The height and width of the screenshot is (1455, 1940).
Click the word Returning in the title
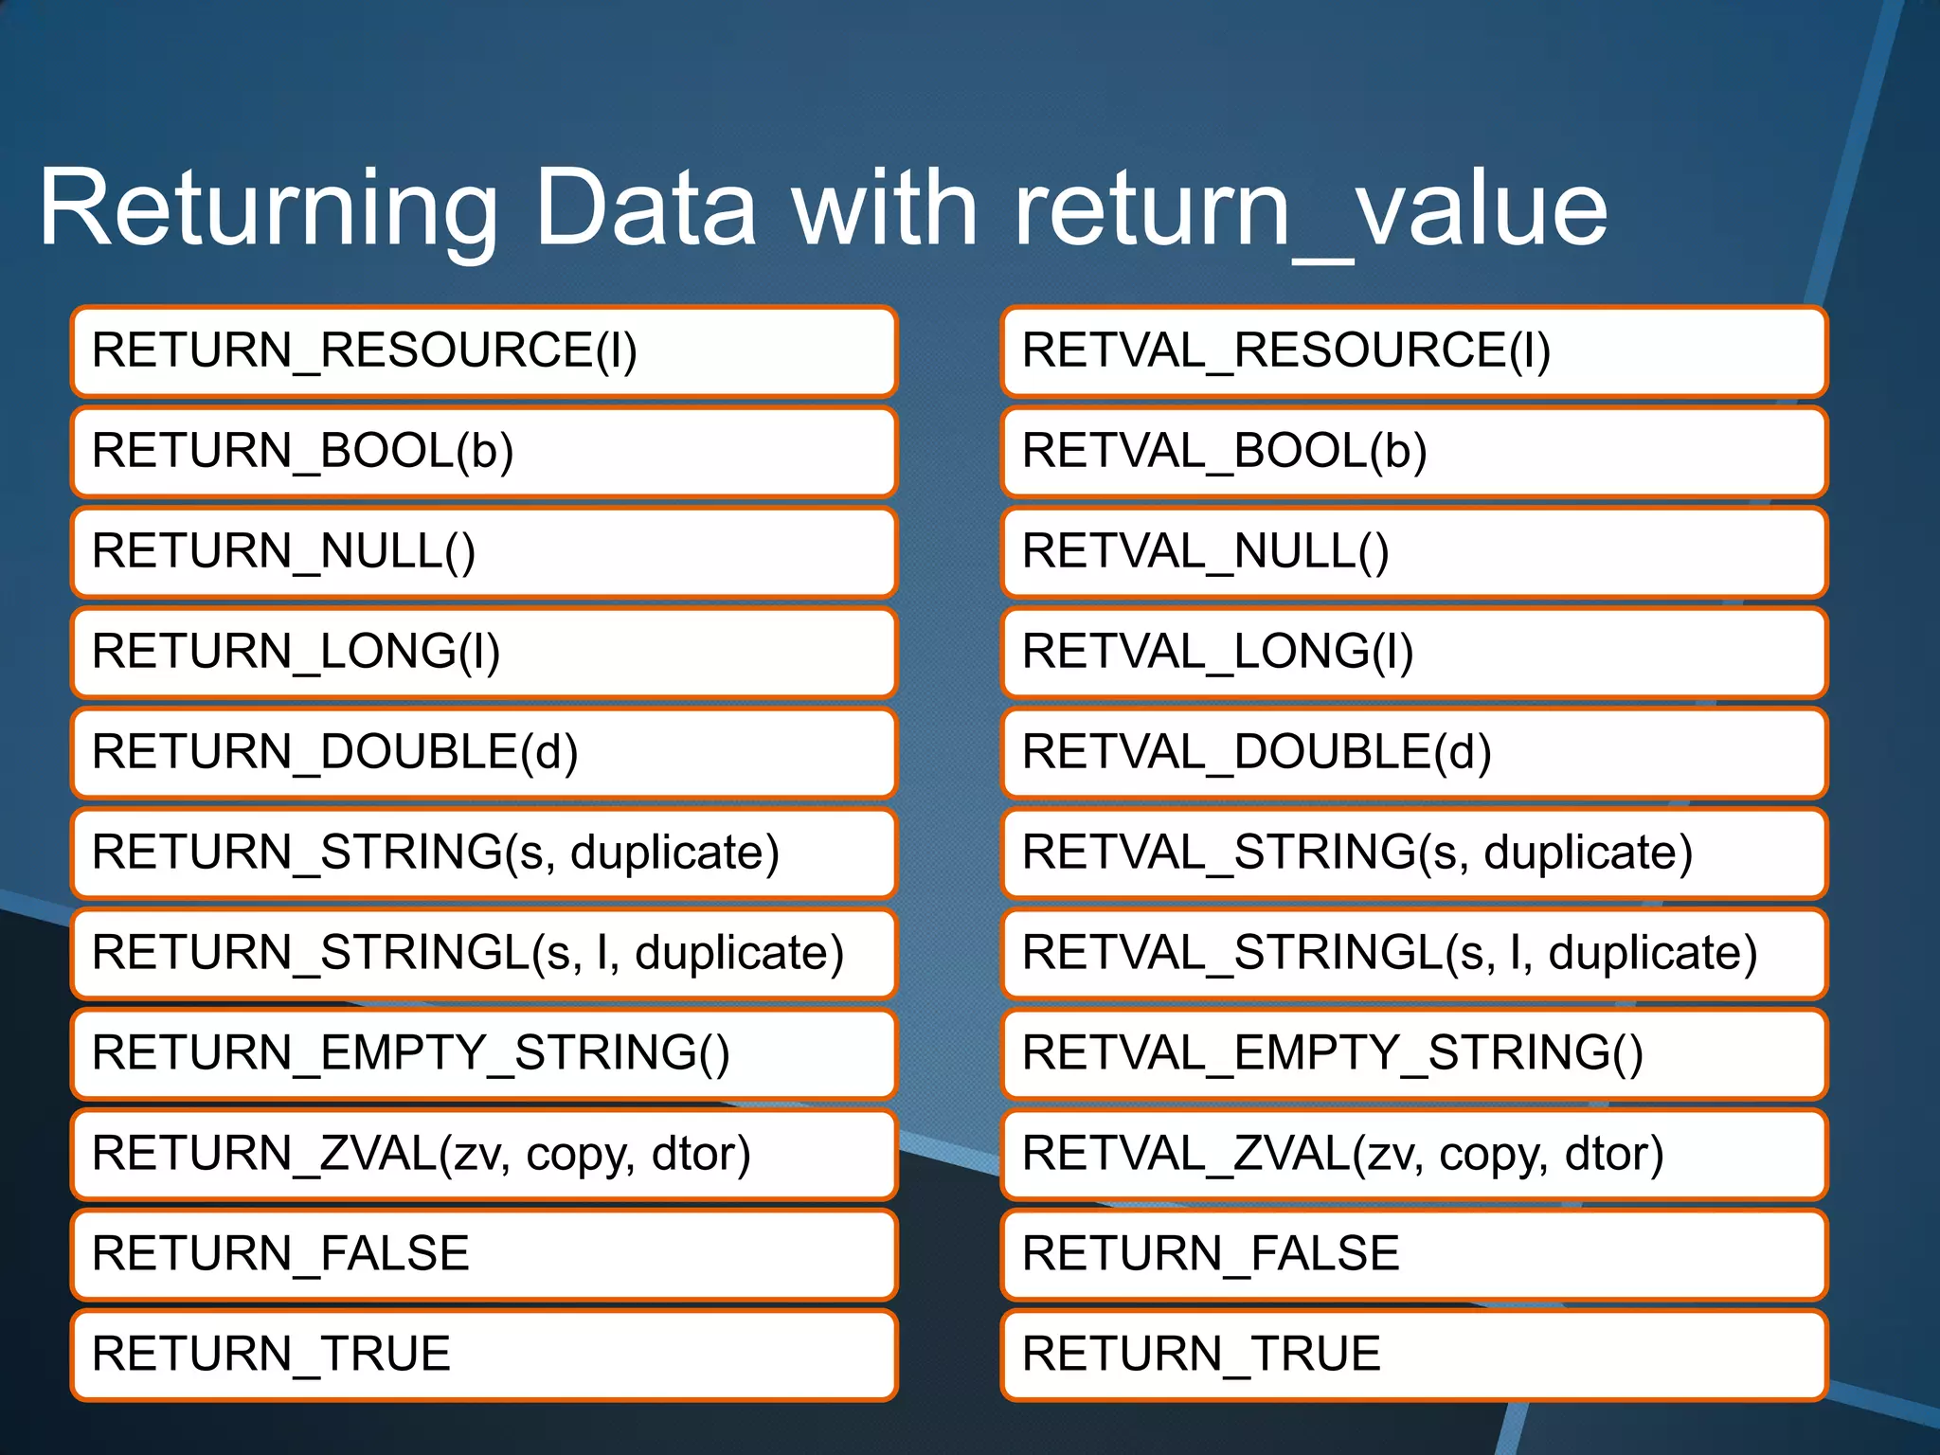[268, 208]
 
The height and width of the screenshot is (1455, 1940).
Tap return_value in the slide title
[1310, 208]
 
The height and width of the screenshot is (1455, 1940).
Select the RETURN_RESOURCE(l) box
[483, 350]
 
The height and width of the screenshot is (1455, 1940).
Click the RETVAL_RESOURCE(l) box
[1413, 350]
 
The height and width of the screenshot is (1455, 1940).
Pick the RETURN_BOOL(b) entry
[483, 451]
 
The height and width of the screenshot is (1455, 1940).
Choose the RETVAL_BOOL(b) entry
[1413, 451]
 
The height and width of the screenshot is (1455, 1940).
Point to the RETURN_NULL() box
[483, 551]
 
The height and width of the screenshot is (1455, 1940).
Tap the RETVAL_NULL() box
[1413, 551]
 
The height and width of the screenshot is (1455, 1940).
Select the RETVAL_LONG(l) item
[1413, 652]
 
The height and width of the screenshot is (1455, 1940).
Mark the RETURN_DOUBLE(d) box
[483, 752]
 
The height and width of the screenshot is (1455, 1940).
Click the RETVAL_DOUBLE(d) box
[1413, 752]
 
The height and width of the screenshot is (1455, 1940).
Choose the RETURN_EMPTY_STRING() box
[483, 1053]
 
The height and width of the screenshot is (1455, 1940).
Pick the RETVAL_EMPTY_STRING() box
[1413, 1053]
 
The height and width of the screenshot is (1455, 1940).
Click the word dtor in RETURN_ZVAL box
[701, 1154]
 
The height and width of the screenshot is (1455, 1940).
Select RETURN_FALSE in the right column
[1211, 1254]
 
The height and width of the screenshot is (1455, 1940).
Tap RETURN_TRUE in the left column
[271, 1355]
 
